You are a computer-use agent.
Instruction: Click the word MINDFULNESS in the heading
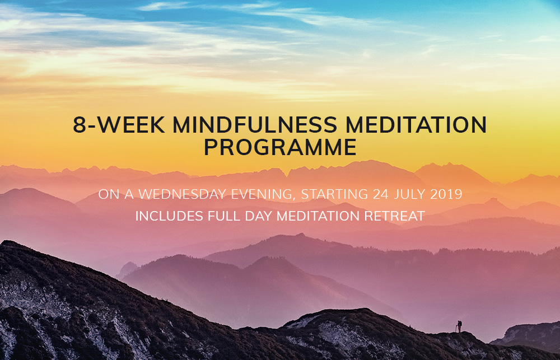pyautogui.click(x=255, y=125)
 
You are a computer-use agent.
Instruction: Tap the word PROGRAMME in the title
pyautogui.click(x=280, y=147)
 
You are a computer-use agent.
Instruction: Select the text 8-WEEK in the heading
pyautogui.click(x=119, y=125)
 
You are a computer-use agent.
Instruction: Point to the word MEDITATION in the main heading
pyautogui.click(x=416, y=125)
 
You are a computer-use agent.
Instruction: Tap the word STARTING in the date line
pyautogui.click(x=334, y=194)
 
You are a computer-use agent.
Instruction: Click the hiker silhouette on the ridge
pyautogui.click(x=459, y=326)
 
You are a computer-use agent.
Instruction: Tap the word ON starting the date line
pyautogui.click(x=109, y=194)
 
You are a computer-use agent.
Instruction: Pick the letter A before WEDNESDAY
pyautogui.click(x=129, y=194)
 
